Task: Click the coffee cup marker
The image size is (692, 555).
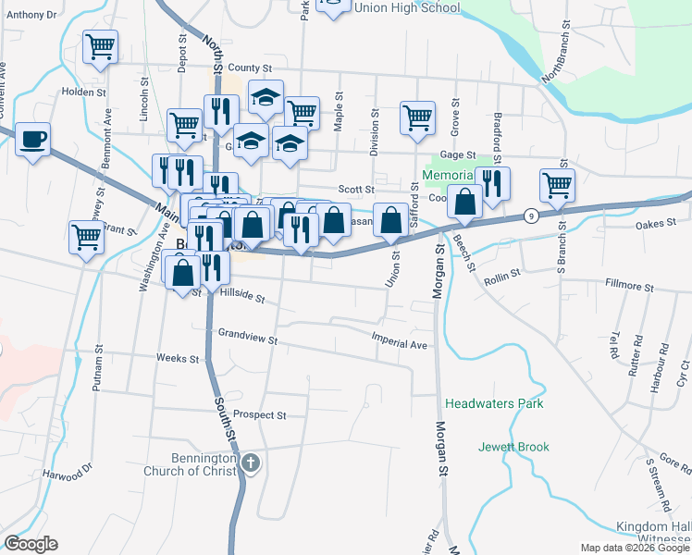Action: [33, 140]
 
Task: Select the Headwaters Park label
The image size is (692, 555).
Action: [494, 404]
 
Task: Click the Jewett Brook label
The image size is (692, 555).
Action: [513, 447]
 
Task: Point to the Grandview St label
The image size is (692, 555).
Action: [247, 337]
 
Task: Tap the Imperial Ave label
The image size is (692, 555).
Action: [400, 341]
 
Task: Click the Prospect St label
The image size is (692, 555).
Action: [260, 414]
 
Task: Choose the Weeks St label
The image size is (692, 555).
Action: [178, 358]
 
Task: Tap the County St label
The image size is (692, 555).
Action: [250, 68]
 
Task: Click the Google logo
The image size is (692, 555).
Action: [31, 544]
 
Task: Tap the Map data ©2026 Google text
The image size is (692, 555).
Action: [635, 548]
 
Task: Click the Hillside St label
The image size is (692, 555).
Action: [242, 296]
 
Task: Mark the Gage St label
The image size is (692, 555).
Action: [457, 155]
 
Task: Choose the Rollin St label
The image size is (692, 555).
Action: [503, 274]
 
